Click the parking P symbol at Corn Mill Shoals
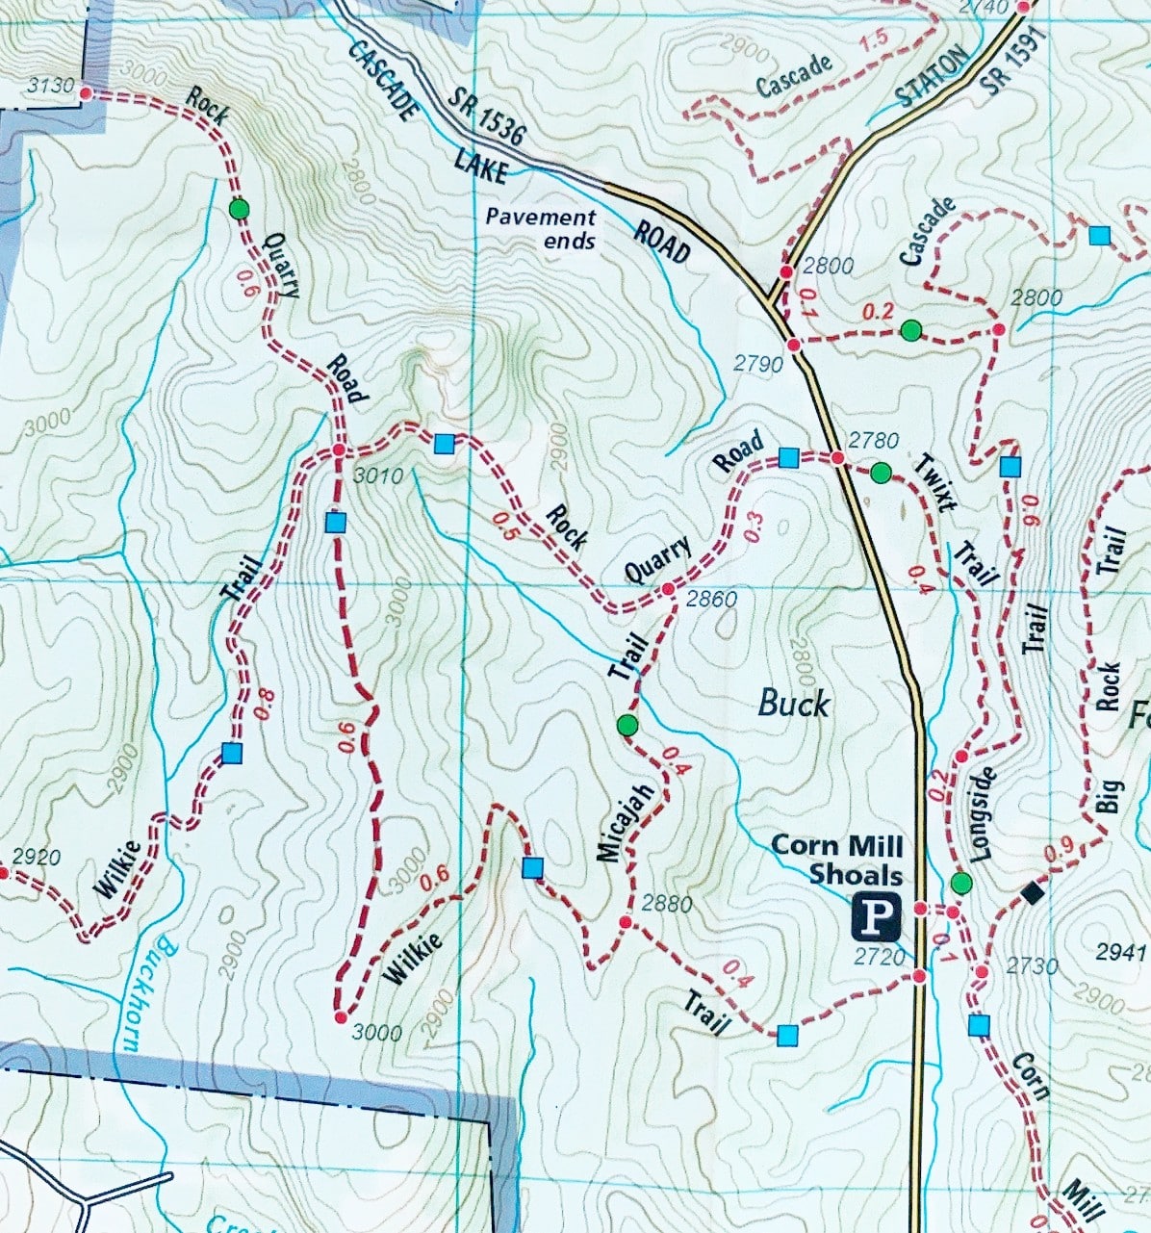coord(875,918)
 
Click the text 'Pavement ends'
coord(540,229)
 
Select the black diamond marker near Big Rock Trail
coord(1033,893)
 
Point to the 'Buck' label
coord(793,704)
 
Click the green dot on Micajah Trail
coord(627,726)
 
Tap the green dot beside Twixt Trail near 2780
coord(881,473)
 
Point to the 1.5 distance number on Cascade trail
coord(874,40)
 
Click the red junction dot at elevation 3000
coord(340,1017)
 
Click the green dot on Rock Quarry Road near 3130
coord(239,209)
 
